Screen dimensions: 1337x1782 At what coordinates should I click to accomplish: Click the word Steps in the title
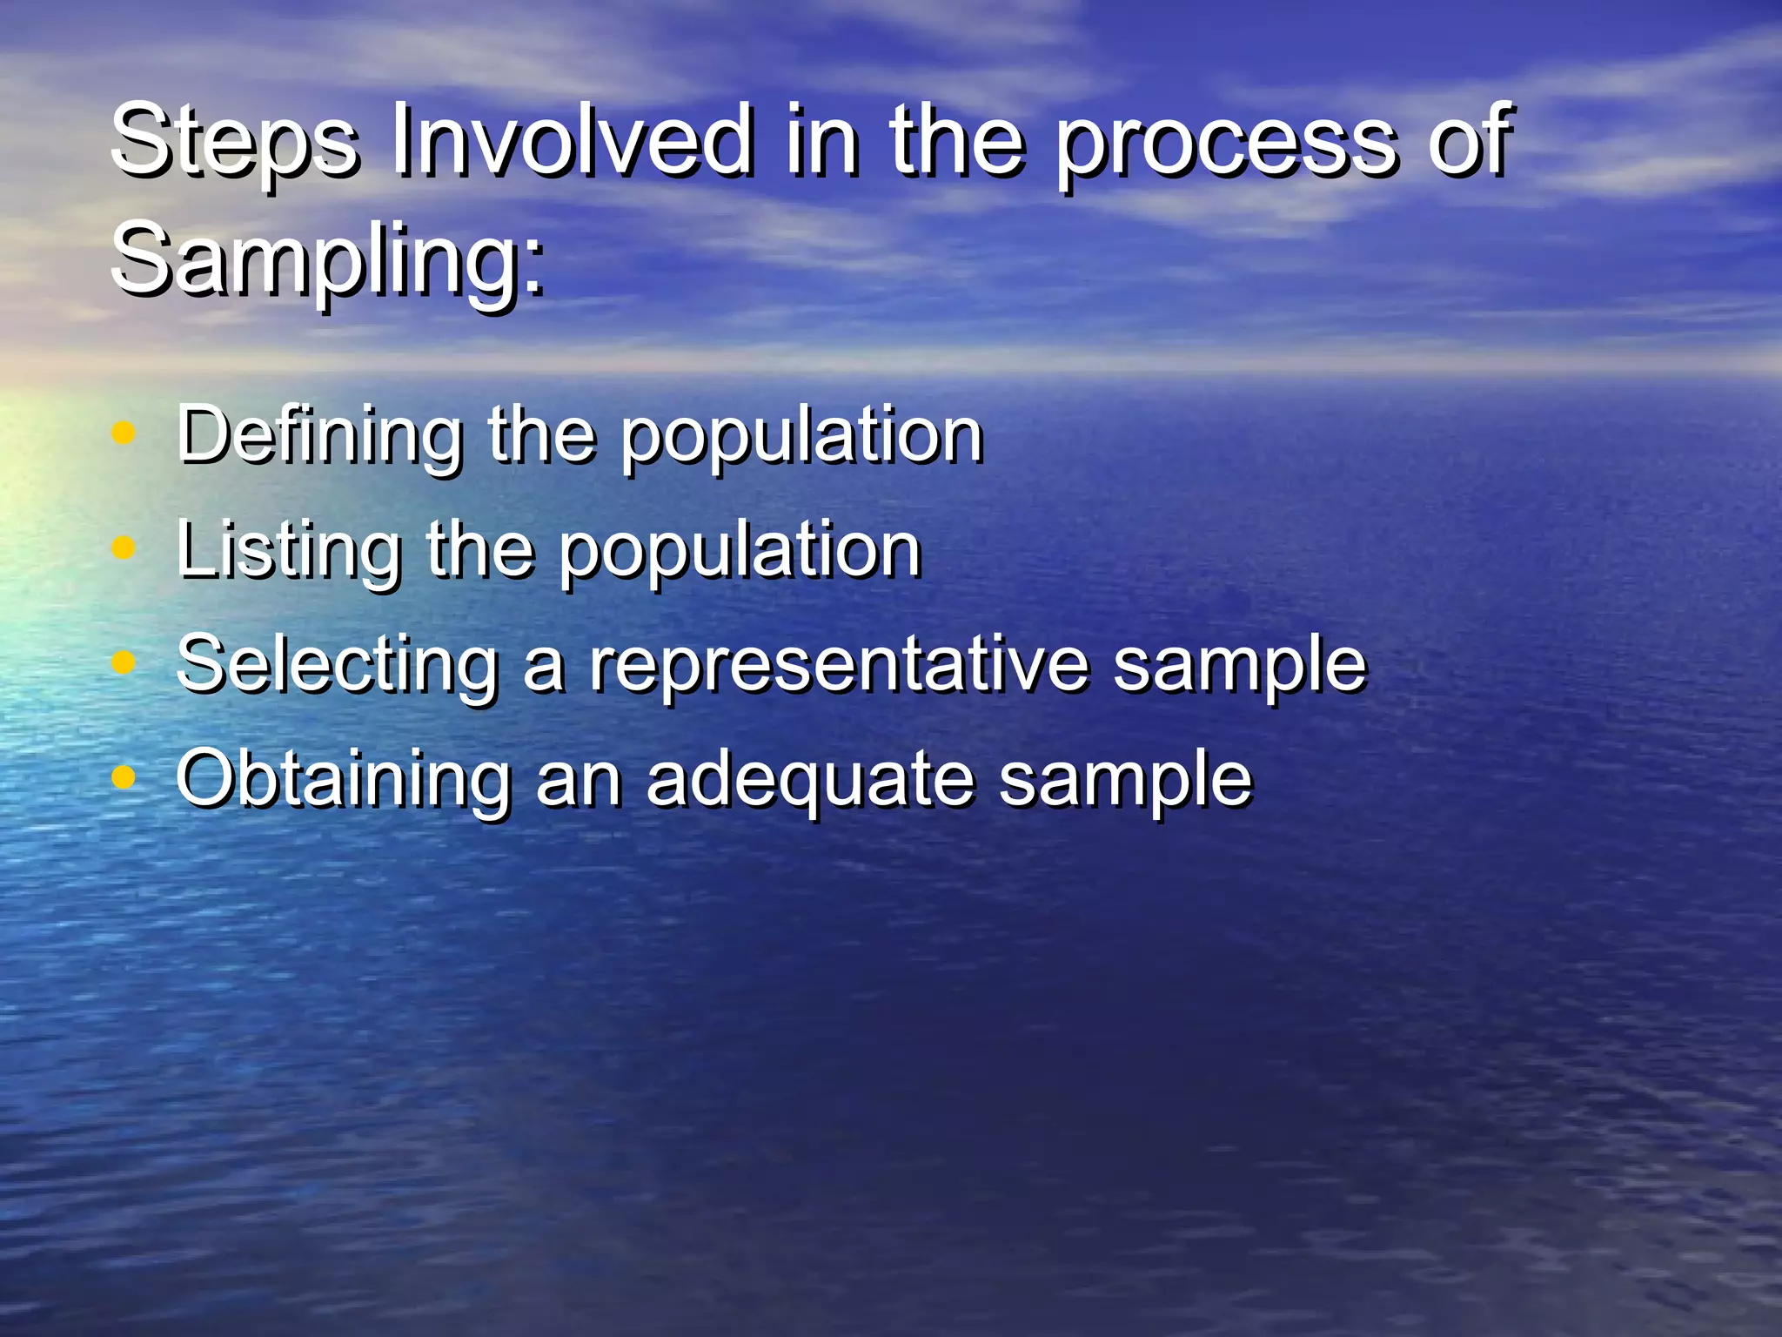233,141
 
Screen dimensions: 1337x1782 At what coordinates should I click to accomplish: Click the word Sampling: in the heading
329,259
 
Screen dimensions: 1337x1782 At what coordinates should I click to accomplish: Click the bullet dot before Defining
124,433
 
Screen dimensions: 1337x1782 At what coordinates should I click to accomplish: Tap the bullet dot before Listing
124,548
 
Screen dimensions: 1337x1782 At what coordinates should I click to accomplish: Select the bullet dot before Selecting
124,662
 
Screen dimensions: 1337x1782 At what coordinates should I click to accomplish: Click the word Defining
318,437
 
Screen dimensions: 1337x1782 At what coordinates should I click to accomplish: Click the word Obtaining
343,781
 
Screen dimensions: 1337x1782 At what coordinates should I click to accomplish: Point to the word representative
839,667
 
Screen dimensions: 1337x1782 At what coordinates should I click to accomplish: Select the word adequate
809,781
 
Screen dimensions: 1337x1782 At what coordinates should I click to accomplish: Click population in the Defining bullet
801,437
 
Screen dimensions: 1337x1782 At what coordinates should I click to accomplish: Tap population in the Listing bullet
739,552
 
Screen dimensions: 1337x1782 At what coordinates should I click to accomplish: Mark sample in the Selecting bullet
1240,667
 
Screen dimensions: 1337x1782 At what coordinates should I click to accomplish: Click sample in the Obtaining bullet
1125,781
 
